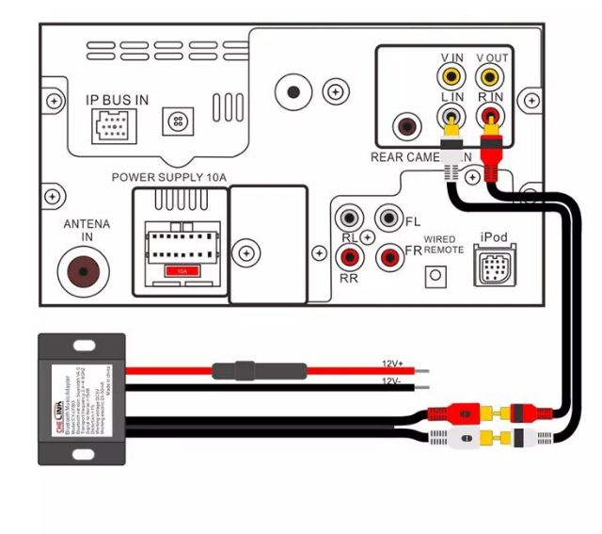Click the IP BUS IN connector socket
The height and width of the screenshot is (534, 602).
coord(111,122)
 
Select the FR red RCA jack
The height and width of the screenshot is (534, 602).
coord(388,255)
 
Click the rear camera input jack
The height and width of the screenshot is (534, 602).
coord(408,125)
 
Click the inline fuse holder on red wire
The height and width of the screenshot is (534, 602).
coord(247,370)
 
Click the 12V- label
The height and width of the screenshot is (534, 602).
coord(393,381)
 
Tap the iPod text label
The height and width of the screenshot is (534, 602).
coord(495,237)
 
